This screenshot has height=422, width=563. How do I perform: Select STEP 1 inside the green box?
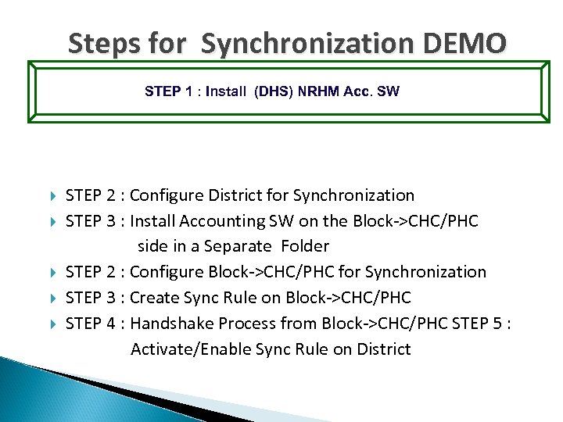click(168, 91)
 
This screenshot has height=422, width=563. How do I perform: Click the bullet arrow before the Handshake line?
click(52, 324)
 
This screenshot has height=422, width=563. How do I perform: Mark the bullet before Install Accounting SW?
click(52, 221)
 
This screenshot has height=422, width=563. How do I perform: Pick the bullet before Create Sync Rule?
click(52, 298)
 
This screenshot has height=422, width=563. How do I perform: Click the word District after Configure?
click(225, 195)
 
